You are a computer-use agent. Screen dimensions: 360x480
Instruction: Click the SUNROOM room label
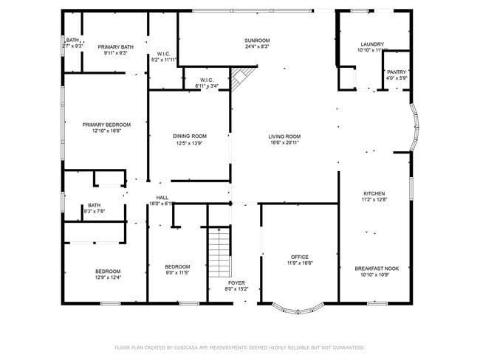pyautogui.click(x=257, y=41)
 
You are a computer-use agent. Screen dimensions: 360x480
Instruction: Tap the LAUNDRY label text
pyautogui.click(x=372, y=44)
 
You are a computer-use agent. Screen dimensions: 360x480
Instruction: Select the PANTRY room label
pyautogui.click(x=397, y=72)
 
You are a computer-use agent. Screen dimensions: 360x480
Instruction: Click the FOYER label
pyautogui.click(x=236, y=283)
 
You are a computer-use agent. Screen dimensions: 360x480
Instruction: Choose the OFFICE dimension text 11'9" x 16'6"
pyautogui.click(x=299, y=263)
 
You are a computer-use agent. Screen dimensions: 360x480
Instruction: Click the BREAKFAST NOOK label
pyautogui.click(x=377, y=269)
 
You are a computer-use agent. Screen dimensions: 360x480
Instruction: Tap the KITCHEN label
pyautogui.click(x=374, y=193)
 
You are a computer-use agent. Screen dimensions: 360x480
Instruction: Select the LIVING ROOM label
pyautogui.click(x=284, y=136)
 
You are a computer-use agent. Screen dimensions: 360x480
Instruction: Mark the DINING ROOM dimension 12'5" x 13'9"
pyautogui.click(x=189, y=144)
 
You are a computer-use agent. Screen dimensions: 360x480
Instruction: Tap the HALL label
pyautogui.click(x=162, y=197)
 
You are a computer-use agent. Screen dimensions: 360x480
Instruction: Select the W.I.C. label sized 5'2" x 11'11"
pyautogui.click(x=164, y=60)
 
